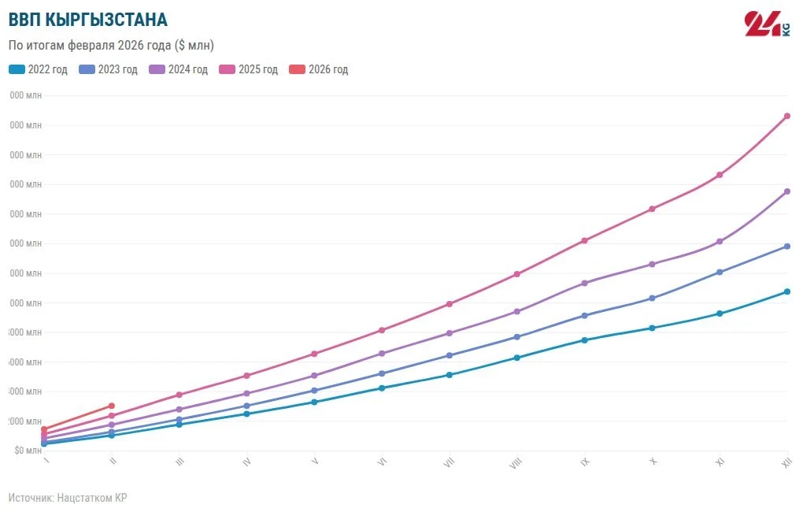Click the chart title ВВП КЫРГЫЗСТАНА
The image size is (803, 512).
[x=87, y=20]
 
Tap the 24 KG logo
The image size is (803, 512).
[x=767, y=24]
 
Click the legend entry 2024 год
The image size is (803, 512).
[x=179, y=69]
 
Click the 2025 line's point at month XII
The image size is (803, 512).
[x=786, y=117]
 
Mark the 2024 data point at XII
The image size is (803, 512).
[x=786, y=191]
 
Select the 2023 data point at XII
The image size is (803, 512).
[x=786, y=247]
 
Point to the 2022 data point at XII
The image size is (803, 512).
[x=786, y=292]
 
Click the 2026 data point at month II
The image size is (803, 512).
[x=112, y=406]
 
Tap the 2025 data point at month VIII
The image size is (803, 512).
[x=516, y=274]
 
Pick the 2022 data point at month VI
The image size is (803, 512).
[x=382, y=388]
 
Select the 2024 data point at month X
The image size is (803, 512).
[x=652, y=264]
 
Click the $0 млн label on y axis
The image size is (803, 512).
[x=28, y=451]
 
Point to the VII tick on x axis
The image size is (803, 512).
[x=449, y=463]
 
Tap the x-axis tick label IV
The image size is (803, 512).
[x=247, y=463]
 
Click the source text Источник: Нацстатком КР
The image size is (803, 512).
[x=68, y=498]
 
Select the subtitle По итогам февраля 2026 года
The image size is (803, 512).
[x=111, y=45]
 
